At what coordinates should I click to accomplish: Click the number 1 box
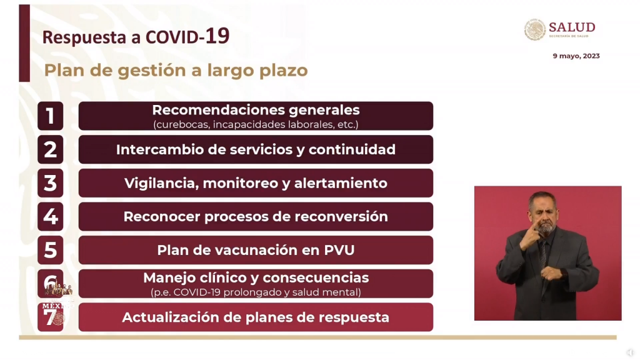[x=51, y=116]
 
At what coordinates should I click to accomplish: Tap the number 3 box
[x=51, y=183]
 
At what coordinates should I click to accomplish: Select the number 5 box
[x=51, y=250]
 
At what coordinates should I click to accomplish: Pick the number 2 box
[x=51, y=149]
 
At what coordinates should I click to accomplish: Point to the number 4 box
[x=51, y=216]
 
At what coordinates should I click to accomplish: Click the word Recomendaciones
[x=218, y=110]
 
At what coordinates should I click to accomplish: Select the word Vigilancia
[x=161, y=183]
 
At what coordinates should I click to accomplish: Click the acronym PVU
[x=339, y=250]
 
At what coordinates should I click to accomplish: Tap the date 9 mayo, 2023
[x=576, y=56]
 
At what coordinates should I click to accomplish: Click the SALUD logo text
[x=572, y=27]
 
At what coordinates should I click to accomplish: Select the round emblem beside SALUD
[x=535, y=29]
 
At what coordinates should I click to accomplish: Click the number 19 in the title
[x=217, y=36]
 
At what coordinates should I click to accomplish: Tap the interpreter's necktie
[x=542, y=254]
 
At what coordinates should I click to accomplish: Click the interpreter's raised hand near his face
[x=531, y=236]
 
